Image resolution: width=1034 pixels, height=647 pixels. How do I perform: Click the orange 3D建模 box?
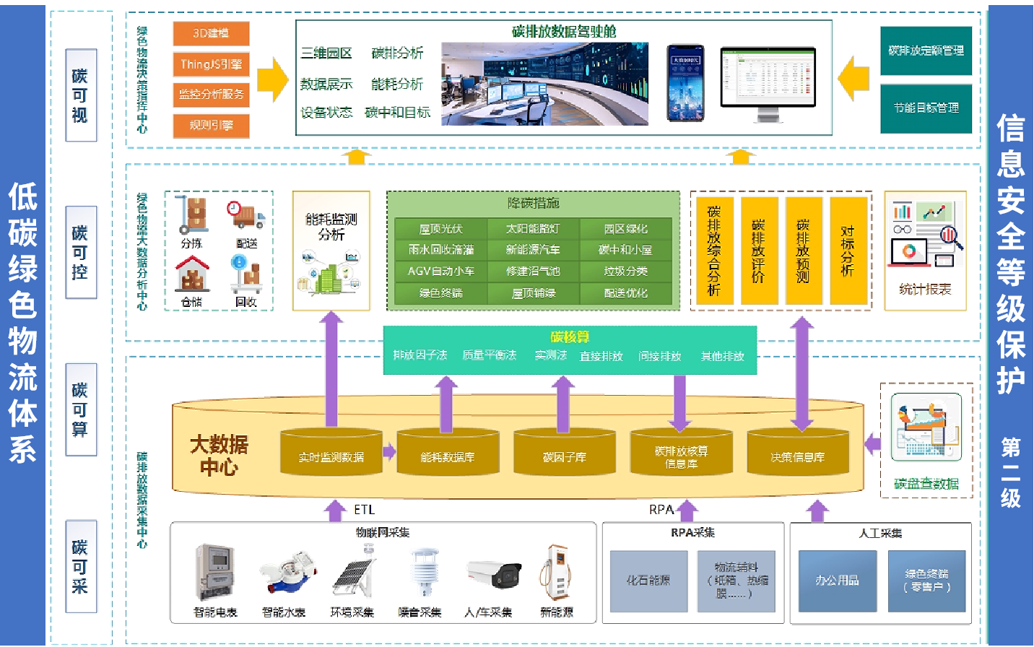click(211, 33)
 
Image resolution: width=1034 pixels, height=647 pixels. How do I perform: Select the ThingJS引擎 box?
click(211, 64)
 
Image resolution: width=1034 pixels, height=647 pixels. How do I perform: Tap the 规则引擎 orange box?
click(211, 125)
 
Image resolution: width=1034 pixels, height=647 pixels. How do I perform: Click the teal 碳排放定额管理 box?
click(926, 51)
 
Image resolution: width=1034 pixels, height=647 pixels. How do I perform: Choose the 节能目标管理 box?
click(926, 108)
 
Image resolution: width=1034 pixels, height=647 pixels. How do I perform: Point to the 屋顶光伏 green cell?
click(440, 229)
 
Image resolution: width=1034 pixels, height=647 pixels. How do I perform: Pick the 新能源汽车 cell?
click(533, 250)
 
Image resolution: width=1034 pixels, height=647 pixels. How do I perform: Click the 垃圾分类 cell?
click(625, 272)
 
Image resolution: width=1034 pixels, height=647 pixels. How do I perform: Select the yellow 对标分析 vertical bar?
click(848, 251)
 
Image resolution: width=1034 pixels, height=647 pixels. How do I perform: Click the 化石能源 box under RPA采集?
click(648, 581)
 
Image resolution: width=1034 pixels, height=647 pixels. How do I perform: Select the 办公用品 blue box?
click(837, 581)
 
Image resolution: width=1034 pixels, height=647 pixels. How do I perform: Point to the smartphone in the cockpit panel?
click(685, 83)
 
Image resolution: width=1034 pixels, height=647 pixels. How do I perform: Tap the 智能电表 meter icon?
click(215, 571)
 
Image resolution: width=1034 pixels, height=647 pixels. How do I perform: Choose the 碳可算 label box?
click(80, 409)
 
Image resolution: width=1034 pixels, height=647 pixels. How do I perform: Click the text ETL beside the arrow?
click(365, 510)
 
